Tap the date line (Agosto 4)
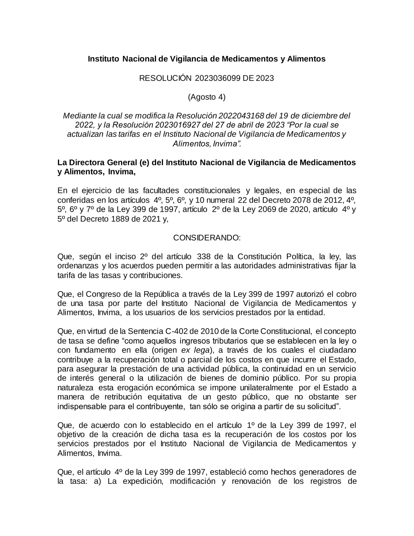point(207,97)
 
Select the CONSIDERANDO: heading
point(207,238)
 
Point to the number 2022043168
point(241,115)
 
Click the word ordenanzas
point(78,266)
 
